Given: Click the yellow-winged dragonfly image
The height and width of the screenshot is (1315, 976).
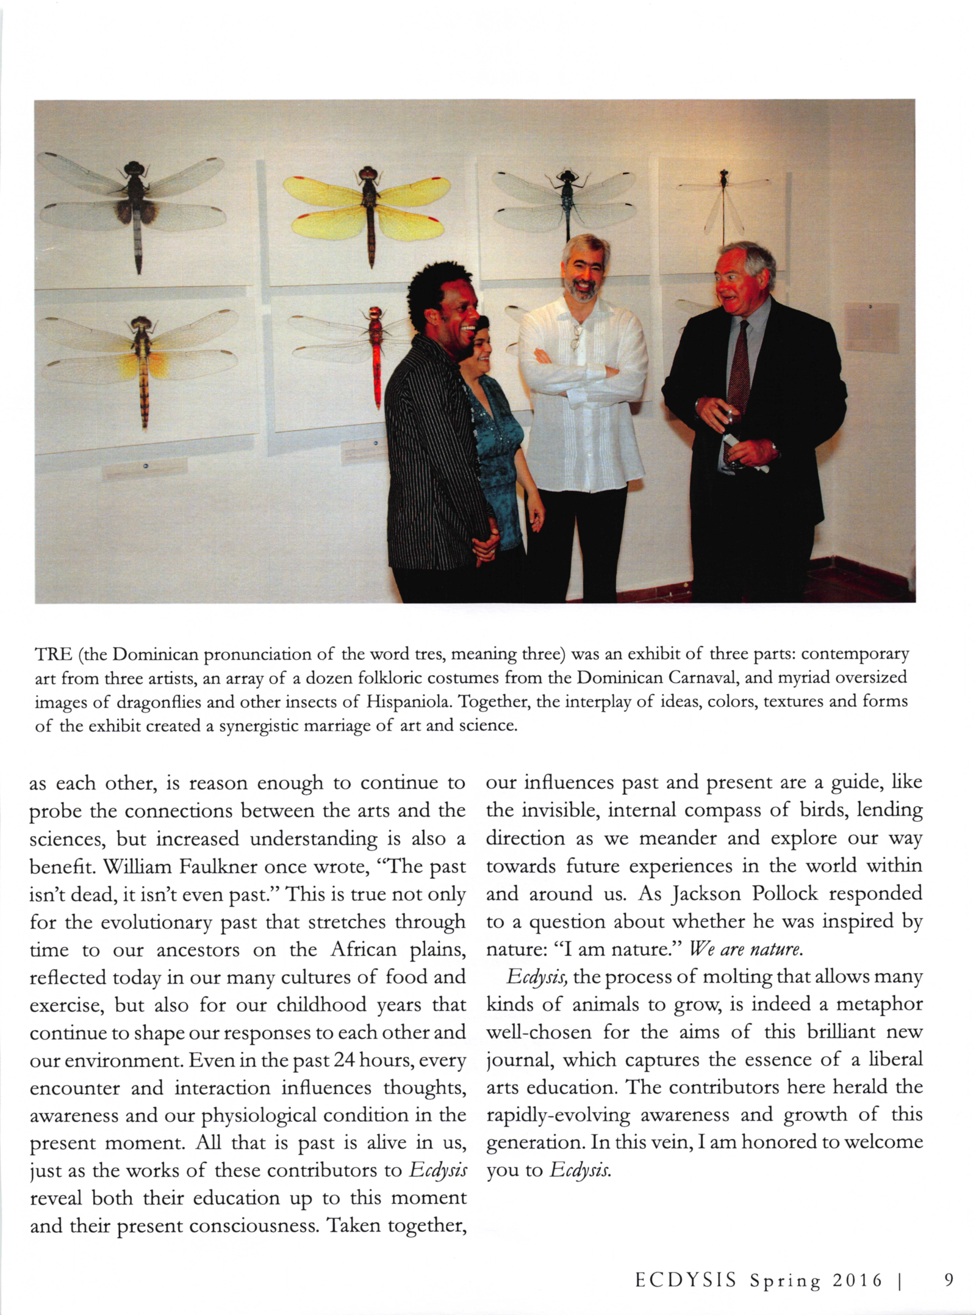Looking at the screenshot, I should (x=368, y=208).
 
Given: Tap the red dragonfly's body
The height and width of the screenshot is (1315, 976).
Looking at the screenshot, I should (x=376, y=354).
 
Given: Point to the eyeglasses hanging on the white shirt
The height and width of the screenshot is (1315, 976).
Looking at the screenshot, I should (x=575, y=336).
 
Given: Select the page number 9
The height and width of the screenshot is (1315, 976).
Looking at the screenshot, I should (x=948, y=1280).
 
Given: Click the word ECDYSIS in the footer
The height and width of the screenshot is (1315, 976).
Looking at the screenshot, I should (x=686, y=1280).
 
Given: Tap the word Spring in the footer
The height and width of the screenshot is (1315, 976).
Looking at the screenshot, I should (x=785, y=1280).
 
